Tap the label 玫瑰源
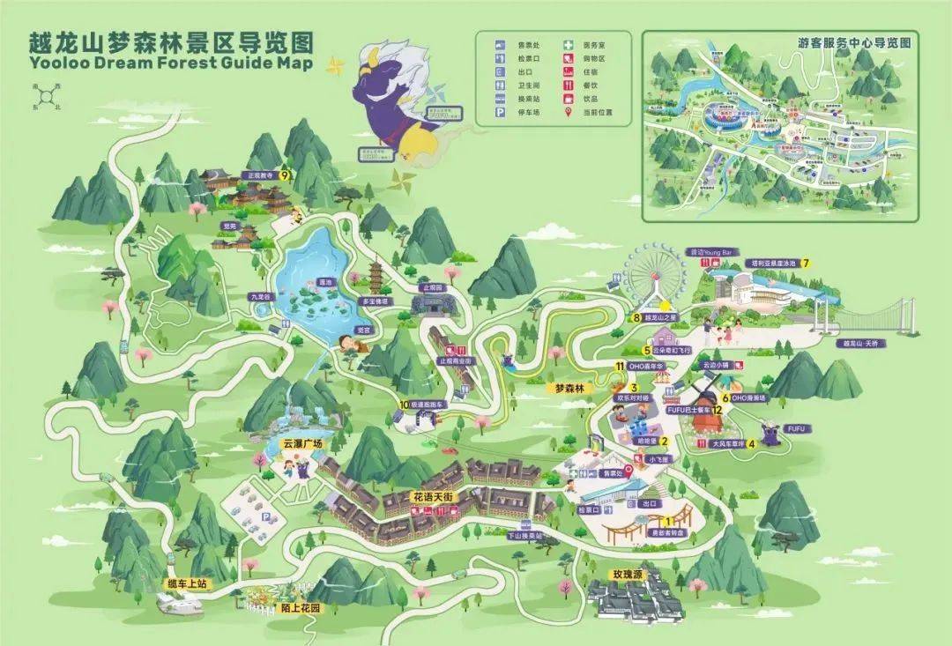[630, 574]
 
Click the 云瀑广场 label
[302, 443]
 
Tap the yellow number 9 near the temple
[285, 174]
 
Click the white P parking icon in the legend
[499, 113]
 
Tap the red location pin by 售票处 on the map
[628, 469]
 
